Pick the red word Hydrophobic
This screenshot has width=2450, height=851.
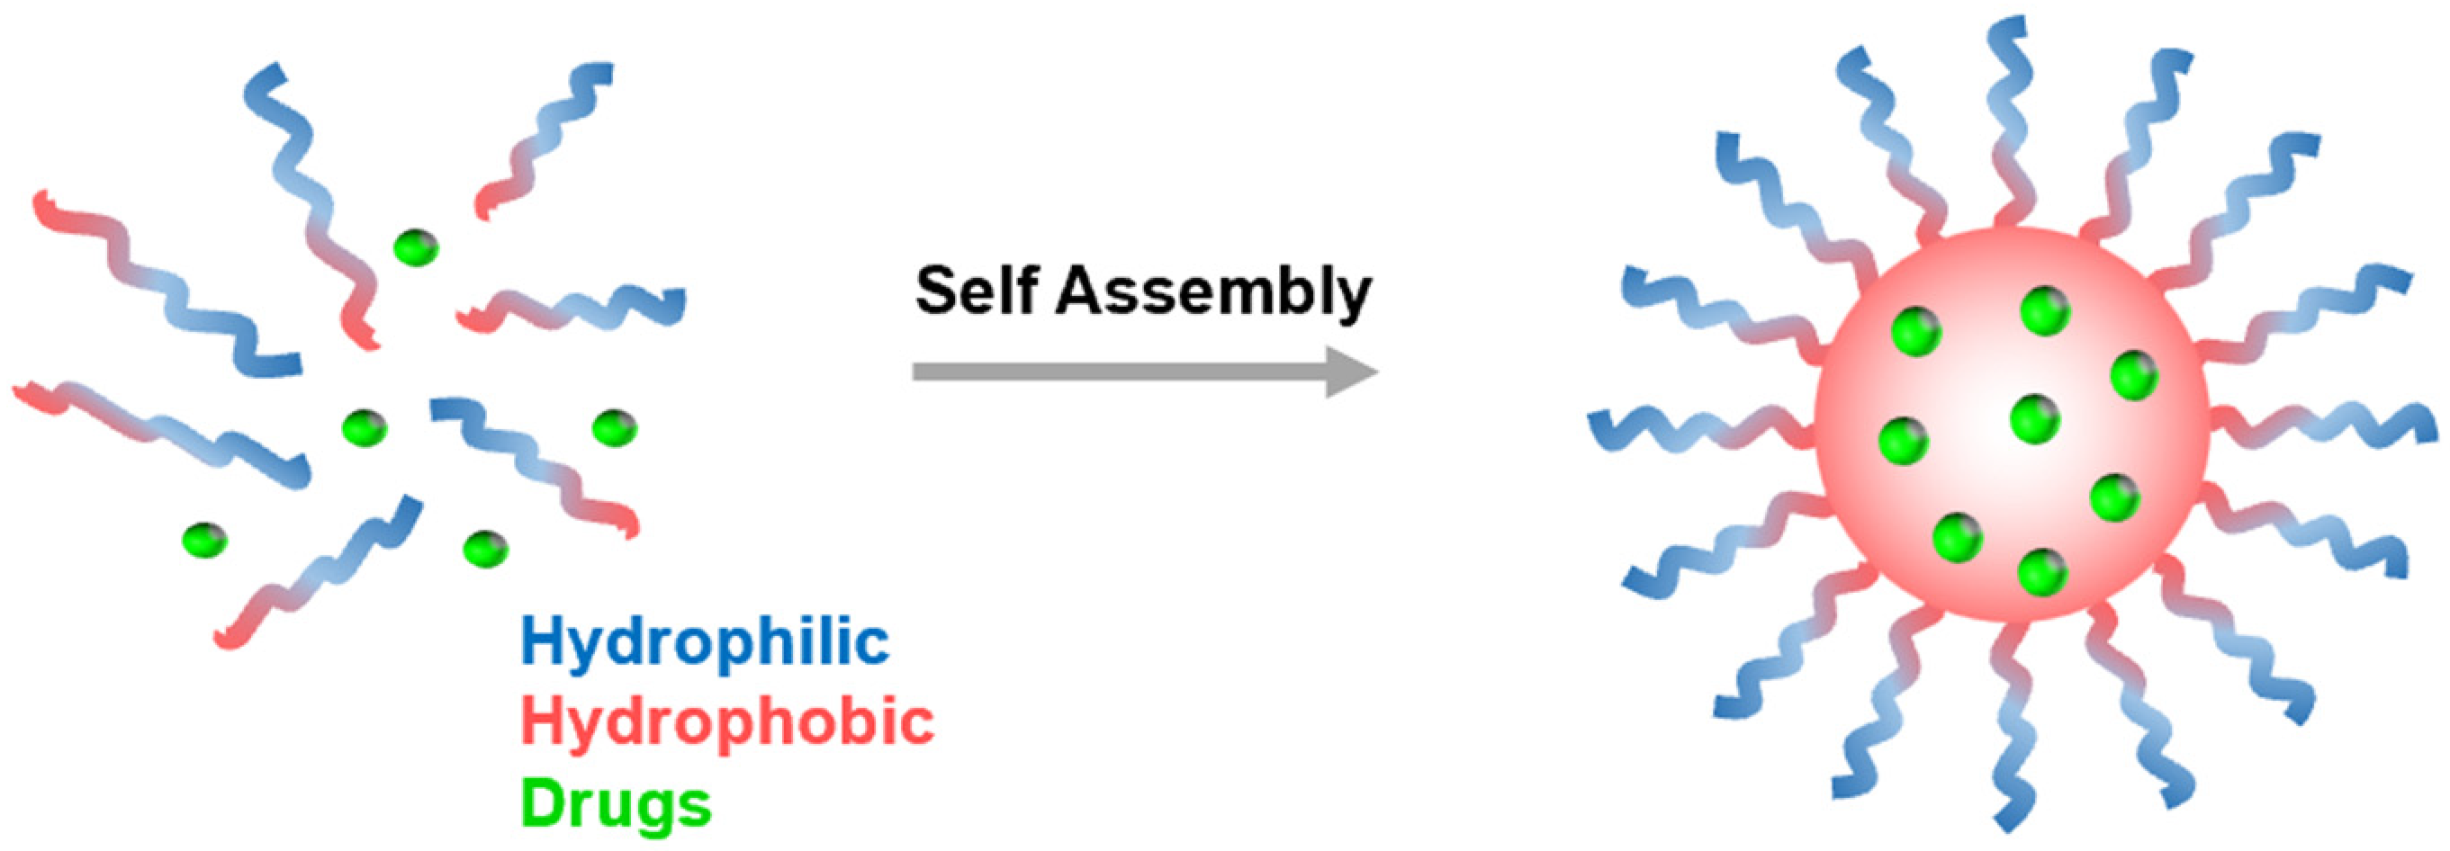(727, 722)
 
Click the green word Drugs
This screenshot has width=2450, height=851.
(617, 804)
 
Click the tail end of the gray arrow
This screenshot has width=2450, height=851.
(919, 372)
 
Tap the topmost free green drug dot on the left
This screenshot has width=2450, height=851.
(417, 248)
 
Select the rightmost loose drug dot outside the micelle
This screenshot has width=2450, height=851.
(615, 428)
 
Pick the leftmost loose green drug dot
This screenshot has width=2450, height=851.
(204, 540)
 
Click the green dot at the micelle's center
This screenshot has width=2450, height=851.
(2036, 419)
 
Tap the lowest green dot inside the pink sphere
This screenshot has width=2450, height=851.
(2043, 572)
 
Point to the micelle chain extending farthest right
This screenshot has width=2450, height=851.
(2330, 423)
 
